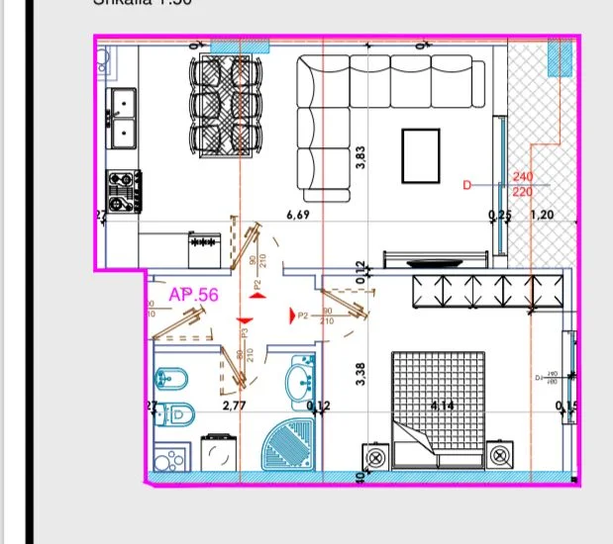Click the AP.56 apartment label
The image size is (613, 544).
[x=193, y=294]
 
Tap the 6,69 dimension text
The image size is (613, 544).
[x=297, y=214]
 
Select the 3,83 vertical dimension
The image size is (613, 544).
[x=361, y=158]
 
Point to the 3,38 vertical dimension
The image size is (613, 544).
[x=361, y=373]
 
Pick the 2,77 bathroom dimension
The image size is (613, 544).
[x=234, y=406]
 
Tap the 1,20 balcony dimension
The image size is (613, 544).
[x=543, y=215]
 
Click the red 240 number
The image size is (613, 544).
[x=523, y=177]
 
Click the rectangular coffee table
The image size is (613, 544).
[x=421, y=155]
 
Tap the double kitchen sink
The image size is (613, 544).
[x=123, y=116]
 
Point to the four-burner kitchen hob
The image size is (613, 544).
[x=124, y=191]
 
